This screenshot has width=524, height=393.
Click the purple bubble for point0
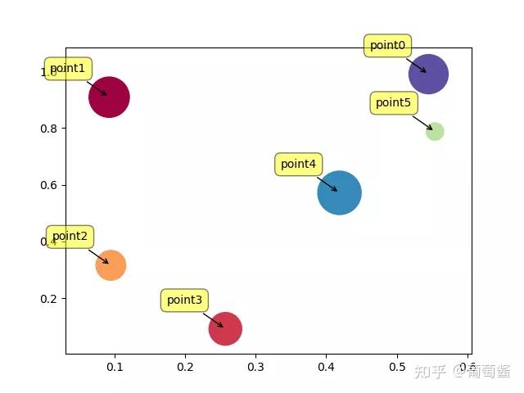coord(428,75)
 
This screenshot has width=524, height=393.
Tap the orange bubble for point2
coord(110,265)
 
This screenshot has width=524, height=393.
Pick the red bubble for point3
coord(225,328)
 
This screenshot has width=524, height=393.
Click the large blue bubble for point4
coord(340,193)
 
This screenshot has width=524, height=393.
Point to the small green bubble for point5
coord(435,131)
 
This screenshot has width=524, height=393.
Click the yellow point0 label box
coord(387,46)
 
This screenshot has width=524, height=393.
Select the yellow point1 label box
coord(68,69)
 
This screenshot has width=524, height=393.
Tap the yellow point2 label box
coord(70,237)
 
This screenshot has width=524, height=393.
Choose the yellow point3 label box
coord(184,300)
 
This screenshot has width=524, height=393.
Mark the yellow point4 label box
coord(298,165)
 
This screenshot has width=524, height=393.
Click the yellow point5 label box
coord(393,103)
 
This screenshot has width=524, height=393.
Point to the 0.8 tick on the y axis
coord(51,129)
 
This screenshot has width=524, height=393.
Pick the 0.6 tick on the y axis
coord(51,185)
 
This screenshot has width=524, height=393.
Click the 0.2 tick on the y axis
coord(51,298)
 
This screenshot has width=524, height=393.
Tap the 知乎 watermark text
coord(430,372)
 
